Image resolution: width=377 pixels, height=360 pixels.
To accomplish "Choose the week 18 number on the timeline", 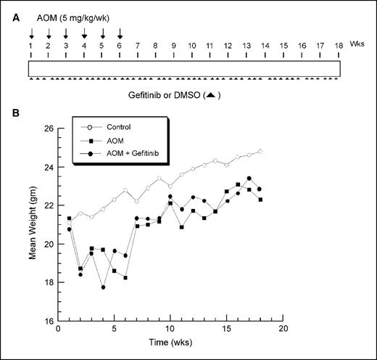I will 339,45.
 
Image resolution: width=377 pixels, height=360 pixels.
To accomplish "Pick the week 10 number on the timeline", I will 191,45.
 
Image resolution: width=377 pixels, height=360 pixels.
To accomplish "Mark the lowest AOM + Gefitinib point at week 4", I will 103,287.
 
